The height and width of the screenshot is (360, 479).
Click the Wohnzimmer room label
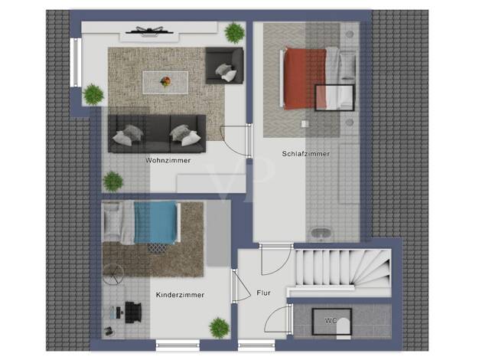click(x=168, y=160)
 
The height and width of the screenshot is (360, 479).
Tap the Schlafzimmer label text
click(x=306, y=154)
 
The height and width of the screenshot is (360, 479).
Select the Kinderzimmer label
click(x=180, y=295)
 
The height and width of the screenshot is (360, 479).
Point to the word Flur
click(x=264, y=293)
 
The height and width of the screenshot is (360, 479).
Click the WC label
click(x=331, y=321)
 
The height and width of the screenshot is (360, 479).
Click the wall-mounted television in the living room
click(x=150, y=31)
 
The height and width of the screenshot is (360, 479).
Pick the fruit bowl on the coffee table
click(x=165, y=81)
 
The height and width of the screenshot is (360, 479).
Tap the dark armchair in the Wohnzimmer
click(x=224, y=65)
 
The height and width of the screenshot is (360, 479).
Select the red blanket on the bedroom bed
click(x=305, y=79)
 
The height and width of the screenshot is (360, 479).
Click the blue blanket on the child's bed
click(x=155, y=222)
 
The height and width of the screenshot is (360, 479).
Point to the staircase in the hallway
click(x=343, y=268)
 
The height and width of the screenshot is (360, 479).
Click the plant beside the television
click(x=235, y=32)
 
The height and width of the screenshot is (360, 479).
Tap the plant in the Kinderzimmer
click(x=219, y=328)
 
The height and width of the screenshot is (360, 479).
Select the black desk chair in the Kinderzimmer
click(x=133, y=313)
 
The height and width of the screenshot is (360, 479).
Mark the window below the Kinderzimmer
click(x=178, y=345)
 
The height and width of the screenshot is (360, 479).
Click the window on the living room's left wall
click(x=76, y=63)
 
